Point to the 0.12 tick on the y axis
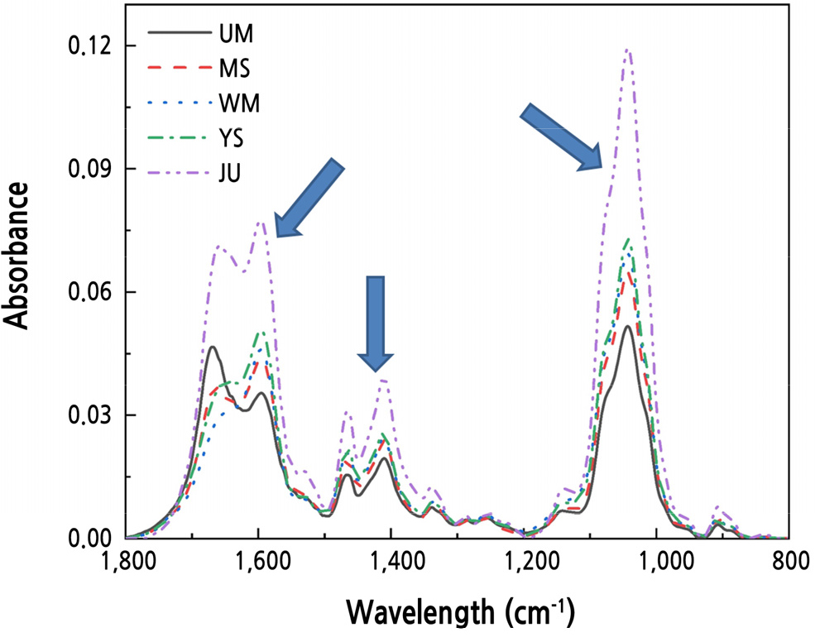pyautogui.click(x=91, y=46)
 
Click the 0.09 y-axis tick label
pyautogui.click(x=91, y=169)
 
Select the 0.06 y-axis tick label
pyautogui.click(x=91, y=292)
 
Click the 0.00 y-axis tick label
pyautogui.click(x=91, y=538)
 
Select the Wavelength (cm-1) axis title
pyautogui.click(x=458, y=613)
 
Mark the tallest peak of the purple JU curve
pyautogui.click(x=629, y=50)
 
